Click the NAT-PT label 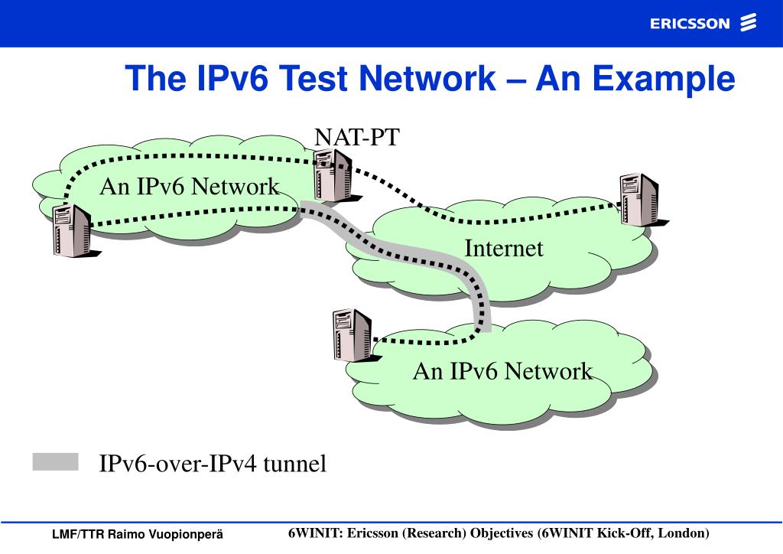357,138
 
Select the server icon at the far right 638,199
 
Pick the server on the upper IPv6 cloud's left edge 70,230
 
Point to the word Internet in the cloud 504,249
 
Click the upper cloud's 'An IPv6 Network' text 189,187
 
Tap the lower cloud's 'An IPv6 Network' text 502,372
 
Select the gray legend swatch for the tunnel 56,461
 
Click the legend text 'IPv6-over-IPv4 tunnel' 213,464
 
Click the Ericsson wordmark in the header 690,24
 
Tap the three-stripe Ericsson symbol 749,23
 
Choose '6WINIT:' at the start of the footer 316,533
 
